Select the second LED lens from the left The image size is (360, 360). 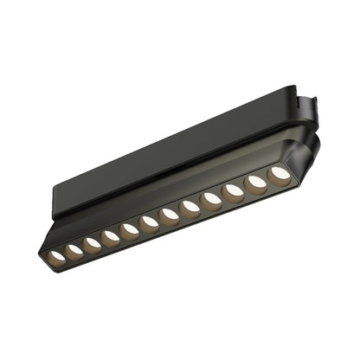tap(74, 250)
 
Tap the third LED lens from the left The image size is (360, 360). tap(92, 243)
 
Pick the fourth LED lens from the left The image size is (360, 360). tap(110, 236)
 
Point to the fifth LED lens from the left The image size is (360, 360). tap(129, 229)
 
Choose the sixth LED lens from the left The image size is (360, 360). tap(149, 222)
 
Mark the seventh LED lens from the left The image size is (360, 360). tap(169, 214)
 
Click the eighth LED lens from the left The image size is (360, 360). tap(190, 206)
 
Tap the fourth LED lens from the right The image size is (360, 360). tap(211, 197)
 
